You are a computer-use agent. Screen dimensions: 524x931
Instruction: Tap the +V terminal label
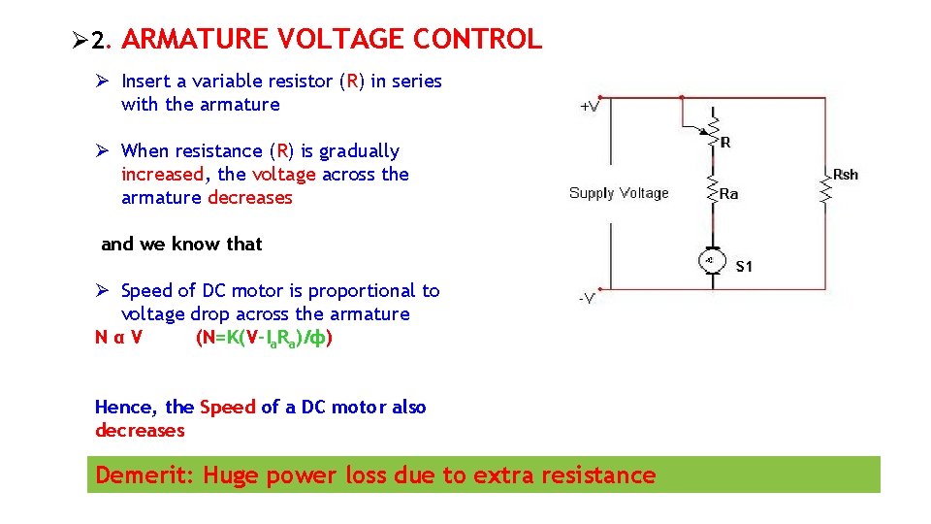point(589,107)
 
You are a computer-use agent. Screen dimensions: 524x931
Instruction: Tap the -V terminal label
point(588,298)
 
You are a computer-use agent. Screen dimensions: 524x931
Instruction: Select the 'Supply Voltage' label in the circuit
point(619,193)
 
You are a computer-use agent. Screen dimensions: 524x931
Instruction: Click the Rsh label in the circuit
point(846,175)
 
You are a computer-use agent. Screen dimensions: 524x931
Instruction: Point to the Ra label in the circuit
point(729,194)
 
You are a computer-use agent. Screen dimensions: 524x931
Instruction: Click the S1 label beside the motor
point(744,266)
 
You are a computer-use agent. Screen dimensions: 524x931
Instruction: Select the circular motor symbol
point(710,261)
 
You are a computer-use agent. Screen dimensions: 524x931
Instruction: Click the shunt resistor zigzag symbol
point(825,191)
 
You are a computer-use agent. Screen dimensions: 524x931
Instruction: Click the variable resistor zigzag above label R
point(714,127)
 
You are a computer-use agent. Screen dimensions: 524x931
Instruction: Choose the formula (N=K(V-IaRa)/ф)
point(265,338)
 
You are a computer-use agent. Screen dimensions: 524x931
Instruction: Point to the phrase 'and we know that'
point(181,245)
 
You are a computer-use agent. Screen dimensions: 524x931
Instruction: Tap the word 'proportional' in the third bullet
point(360,291)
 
